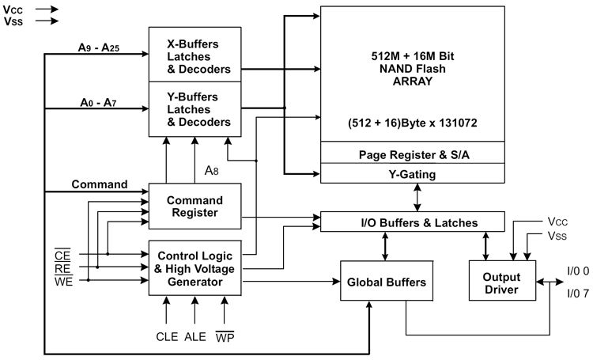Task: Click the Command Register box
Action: pos(195,207)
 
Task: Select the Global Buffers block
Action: pos(387,281)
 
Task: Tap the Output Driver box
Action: pos(502,281)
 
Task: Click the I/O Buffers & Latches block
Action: pos(413,222)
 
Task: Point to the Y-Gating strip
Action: pos(413,174)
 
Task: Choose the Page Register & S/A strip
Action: pos(413,153)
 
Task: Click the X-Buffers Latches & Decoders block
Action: pos(195,55)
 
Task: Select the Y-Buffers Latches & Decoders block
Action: pos(195,109)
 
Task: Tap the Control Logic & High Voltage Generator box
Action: pos(195,268)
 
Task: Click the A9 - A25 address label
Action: pos(99,47)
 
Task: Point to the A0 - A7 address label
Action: pos(98,102)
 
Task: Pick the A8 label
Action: pos(211,171)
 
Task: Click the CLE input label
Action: pos(167,336)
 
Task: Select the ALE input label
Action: pos(195,336)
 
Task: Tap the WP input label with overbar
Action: pos(225,336)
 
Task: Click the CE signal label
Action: pos(62,255)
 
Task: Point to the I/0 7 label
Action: pos(578,294)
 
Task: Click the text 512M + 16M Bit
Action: pos(413,56)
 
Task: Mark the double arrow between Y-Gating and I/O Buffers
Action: pos(417,198)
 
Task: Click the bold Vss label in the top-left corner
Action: pos(13,21)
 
